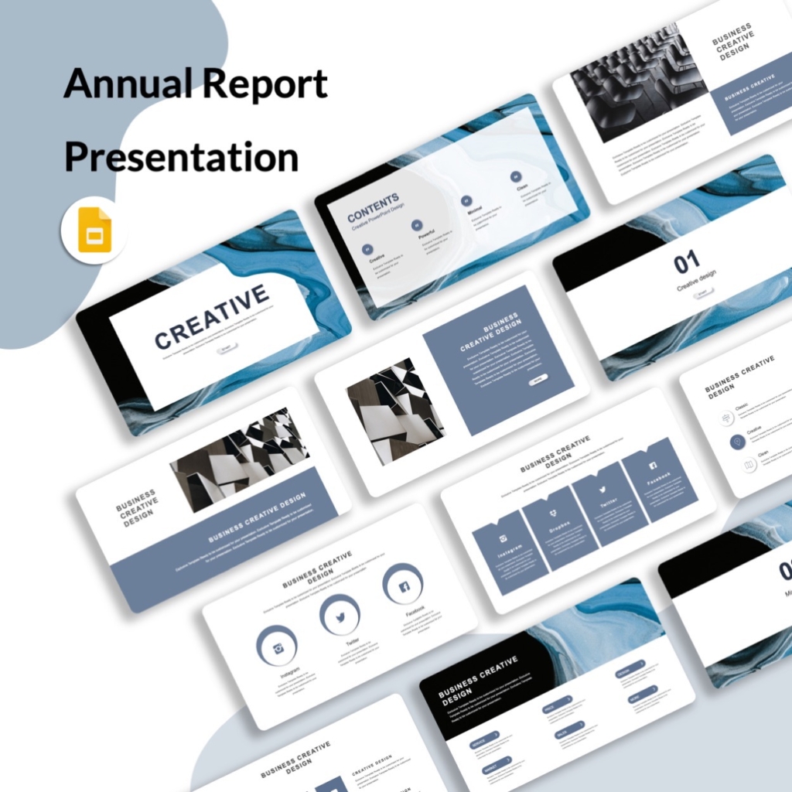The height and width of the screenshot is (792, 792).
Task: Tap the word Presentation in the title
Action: pos(181,158)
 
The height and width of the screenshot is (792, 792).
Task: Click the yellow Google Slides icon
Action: pos(95,230)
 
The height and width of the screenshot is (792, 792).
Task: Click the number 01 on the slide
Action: pos(686,263)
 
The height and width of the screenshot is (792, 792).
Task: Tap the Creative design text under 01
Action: pos(696,280)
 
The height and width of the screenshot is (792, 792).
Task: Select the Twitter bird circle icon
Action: pos(340,616)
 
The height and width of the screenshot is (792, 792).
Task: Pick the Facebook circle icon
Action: pos(403,585)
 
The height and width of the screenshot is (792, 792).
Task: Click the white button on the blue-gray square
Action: pos(538,379)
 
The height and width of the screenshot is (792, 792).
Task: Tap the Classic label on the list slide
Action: pos(741,405)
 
